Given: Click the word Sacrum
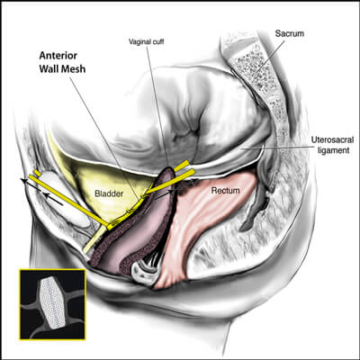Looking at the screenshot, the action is (290, 33).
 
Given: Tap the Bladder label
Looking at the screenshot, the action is (109, 193).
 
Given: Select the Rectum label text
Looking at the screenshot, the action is (225, 190).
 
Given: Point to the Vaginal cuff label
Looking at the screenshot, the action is (147, 41).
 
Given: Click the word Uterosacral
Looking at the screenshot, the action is (330, 139).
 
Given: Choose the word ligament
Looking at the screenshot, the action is (334, 149).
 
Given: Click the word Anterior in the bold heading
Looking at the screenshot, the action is (58, 56).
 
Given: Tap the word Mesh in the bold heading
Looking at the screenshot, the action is (74, 69).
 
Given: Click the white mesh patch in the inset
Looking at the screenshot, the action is (53, 303).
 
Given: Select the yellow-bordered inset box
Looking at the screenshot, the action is (53, 304).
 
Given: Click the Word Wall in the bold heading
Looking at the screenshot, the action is (49, 69).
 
